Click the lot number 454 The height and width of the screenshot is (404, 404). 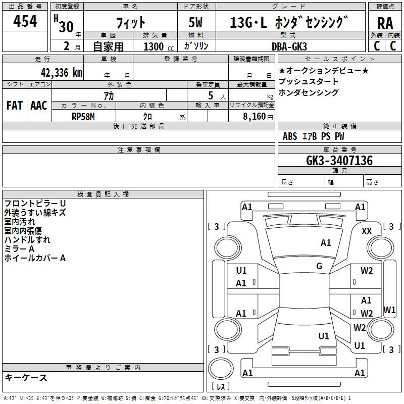(25, 21)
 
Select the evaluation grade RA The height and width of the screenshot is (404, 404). (385, 23)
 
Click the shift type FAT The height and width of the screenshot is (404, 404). (14, 106)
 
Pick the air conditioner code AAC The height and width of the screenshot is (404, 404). (39, 106)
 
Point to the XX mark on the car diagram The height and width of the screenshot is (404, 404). (367, 231)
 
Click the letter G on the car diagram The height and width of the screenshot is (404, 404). (319, 266)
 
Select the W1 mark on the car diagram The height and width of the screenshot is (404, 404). (389, 310)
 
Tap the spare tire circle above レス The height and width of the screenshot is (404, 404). (220, 368)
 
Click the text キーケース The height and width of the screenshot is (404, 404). (26, 377)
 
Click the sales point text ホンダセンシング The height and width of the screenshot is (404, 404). (309, 92)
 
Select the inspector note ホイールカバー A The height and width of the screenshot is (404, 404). (35, 258)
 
